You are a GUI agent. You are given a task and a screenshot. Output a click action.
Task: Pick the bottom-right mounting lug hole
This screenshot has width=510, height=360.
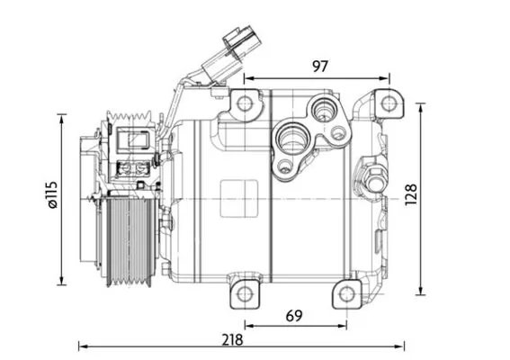pos(345,293)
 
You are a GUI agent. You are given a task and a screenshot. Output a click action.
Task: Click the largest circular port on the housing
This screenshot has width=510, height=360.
pos(292,139)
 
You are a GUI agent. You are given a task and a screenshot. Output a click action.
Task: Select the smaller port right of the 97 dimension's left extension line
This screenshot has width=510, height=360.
pos(321,112)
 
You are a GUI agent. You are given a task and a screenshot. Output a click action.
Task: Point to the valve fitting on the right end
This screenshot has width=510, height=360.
pos(371,176)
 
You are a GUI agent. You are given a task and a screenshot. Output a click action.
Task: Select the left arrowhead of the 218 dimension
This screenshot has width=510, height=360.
pos(83,346)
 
